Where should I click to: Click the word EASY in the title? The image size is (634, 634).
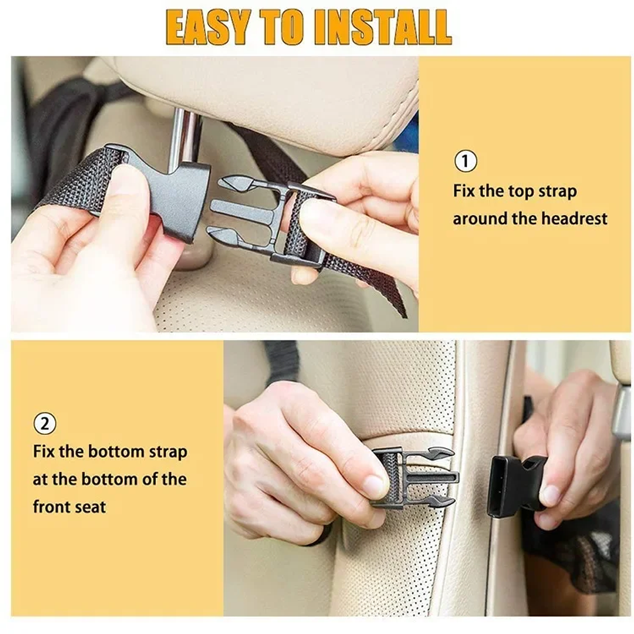point(206,27)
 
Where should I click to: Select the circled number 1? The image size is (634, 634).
point(465,161)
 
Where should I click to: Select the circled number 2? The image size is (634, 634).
point(45,424)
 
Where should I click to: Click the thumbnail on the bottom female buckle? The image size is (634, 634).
point(551,495)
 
